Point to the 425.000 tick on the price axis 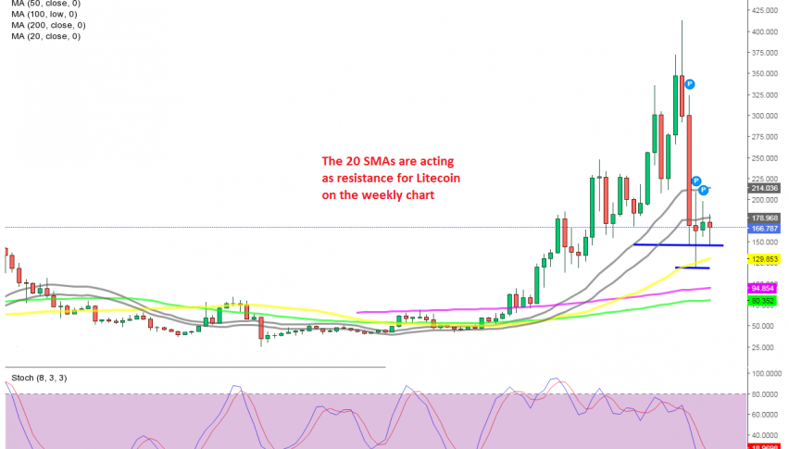coord(765,11)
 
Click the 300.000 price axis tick coord(765,116)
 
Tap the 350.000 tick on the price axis coord(765,74)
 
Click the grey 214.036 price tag coord(765,188)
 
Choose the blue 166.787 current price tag coord(765,228)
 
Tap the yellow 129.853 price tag coord(765,259)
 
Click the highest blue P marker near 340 coord(690,84)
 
